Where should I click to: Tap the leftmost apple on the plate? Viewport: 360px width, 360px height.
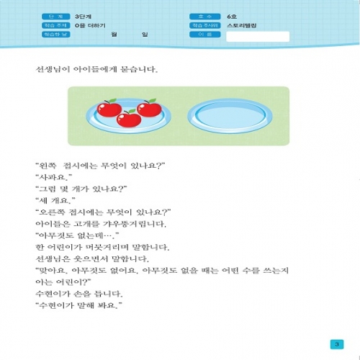click(x=109, y=109)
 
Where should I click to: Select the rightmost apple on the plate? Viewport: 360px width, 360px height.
click(x=149, y=108)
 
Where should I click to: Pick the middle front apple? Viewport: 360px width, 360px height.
click(x=129, y=119)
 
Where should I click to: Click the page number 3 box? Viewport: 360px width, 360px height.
click(x=335, y=343)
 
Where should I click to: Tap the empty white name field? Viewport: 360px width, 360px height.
click(x=257, y=36)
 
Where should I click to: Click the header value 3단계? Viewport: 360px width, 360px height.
click(x=84, y=15)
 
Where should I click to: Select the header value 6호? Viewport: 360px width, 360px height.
click(x=232, y=15)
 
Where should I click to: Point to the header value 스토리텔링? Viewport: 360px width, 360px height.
click(x=241, y=25)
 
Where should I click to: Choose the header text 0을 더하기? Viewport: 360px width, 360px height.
click(x=90, y=25)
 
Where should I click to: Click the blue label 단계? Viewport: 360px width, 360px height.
click(x=49, y=15)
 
